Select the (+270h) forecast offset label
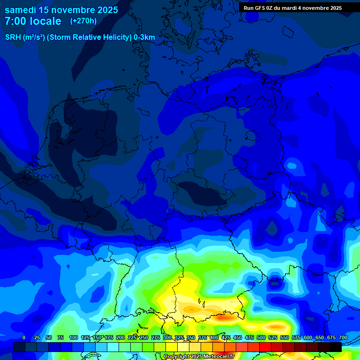point(83,21)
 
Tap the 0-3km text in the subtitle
point(144,37)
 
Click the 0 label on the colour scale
point(24,337)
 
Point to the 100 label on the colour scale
point(74,337)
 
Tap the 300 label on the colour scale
point(167,337)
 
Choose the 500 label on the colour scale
point(261,337)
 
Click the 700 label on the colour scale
point(343,337)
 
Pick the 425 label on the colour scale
point(226,337)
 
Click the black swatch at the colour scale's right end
point(336,347)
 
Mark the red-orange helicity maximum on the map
point(224,317)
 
